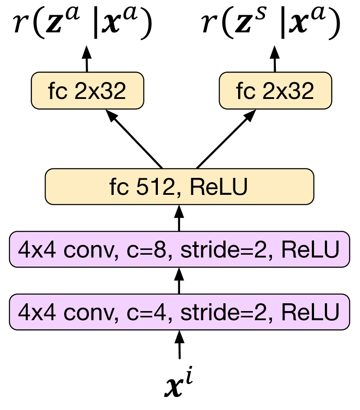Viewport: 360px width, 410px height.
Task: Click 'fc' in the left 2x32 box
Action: [57, 91]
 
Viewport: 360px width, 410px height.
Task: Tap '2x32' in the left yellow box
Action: [100, 91]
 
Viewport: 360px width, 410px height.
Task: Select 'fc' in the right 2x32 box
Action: [245, 91]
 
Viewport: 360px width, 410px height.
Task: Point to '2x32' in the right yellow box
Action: [288, 91]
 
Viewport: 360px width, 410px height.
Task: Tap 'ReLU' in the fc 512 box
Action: [219, 187]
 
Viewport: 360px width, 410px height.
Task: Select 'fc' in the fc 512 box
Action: [118, 187]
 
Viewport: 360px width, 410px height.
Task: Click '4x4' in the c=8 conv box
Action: [36, 250]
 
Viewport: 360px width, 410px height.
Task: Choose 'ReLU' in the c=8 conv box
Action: [310, 250]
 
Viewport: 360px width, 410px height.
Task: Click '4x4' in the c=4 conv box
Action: [36, 312]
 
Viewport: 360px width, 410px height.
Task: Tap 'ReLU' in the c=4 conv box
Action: [310, 312]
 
